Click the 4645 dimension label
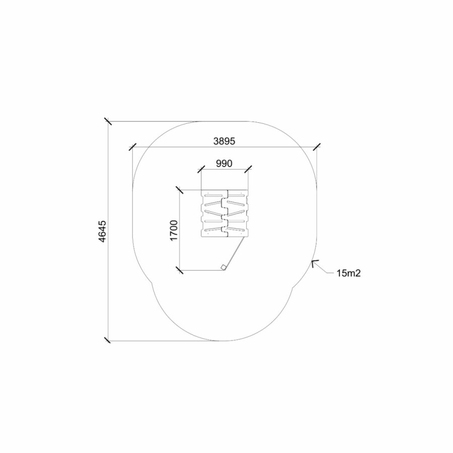point(102,231)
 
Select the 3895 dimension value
point(224,141)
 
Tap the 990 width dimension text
point(224,164)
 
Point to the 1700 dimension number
point(174,230)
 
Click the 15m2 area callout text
point(348,273)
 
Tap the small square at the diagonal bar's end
point(223,267)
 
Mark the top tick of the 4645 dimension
point(108,121)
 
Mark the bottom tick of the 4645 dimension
point(108,340)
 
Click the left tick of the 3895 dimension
point(132,147)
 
